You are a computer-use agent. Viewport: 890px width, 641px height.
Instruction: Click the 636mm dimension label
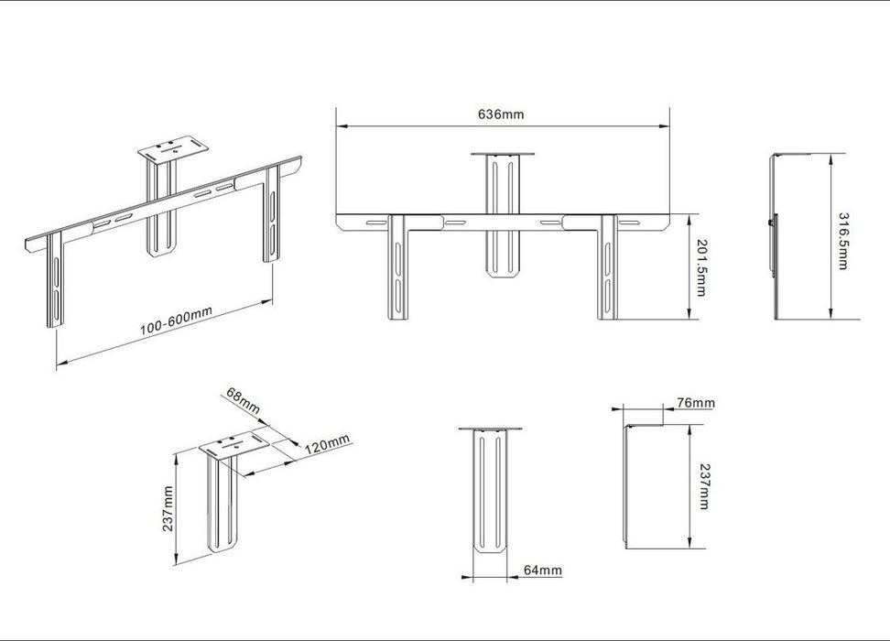click(501, 114)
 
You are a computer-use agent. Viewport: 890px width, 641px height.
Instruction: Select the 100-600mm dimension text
click(177, 320)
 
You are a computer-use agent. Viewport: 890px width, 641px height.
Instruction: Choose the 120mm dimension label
click(328, 446)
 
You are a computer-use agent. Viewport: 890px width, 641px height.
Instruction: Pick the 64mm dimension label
click(543, 570)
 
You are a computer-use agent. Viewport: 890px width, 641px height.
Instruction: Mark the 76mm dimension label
click(696, 403)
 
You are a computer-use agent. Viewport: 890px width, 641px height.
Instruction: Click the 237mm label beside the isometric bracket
click(168, 510)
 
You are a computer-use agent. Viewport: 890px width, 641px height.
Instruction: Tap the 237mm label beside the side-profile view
click(703, 486)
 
